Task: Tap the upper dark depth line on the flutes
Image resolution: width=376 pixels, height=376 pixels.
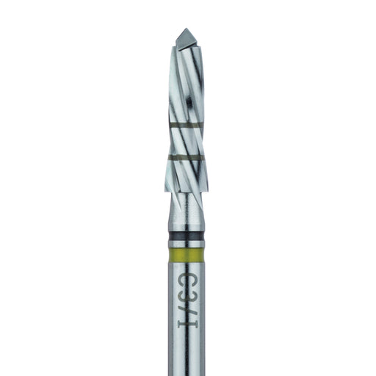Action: (x=186, y=126)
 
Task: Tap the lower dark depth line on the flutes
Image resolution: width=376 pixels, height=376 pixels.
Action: (x=186, y=157)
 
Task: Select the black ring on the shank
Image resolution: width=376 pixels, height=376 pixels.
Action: (x=186, y=236)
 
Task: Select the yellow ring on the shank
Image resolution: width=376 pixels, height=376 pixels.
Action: (x=186, y=255)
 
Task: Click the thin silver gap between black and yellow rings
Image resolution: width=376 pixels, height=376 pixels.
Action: (x=186, y=245)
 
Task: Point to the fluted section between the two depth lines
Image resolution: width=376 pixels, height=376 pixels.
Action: (x=186, y=142)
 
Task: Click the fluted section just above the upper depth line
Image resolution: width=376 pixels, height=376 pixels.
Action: (x=186, y=110)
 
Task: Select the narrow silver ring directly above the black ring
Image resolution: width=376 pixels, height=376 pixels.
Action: (x=186, y=228)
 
